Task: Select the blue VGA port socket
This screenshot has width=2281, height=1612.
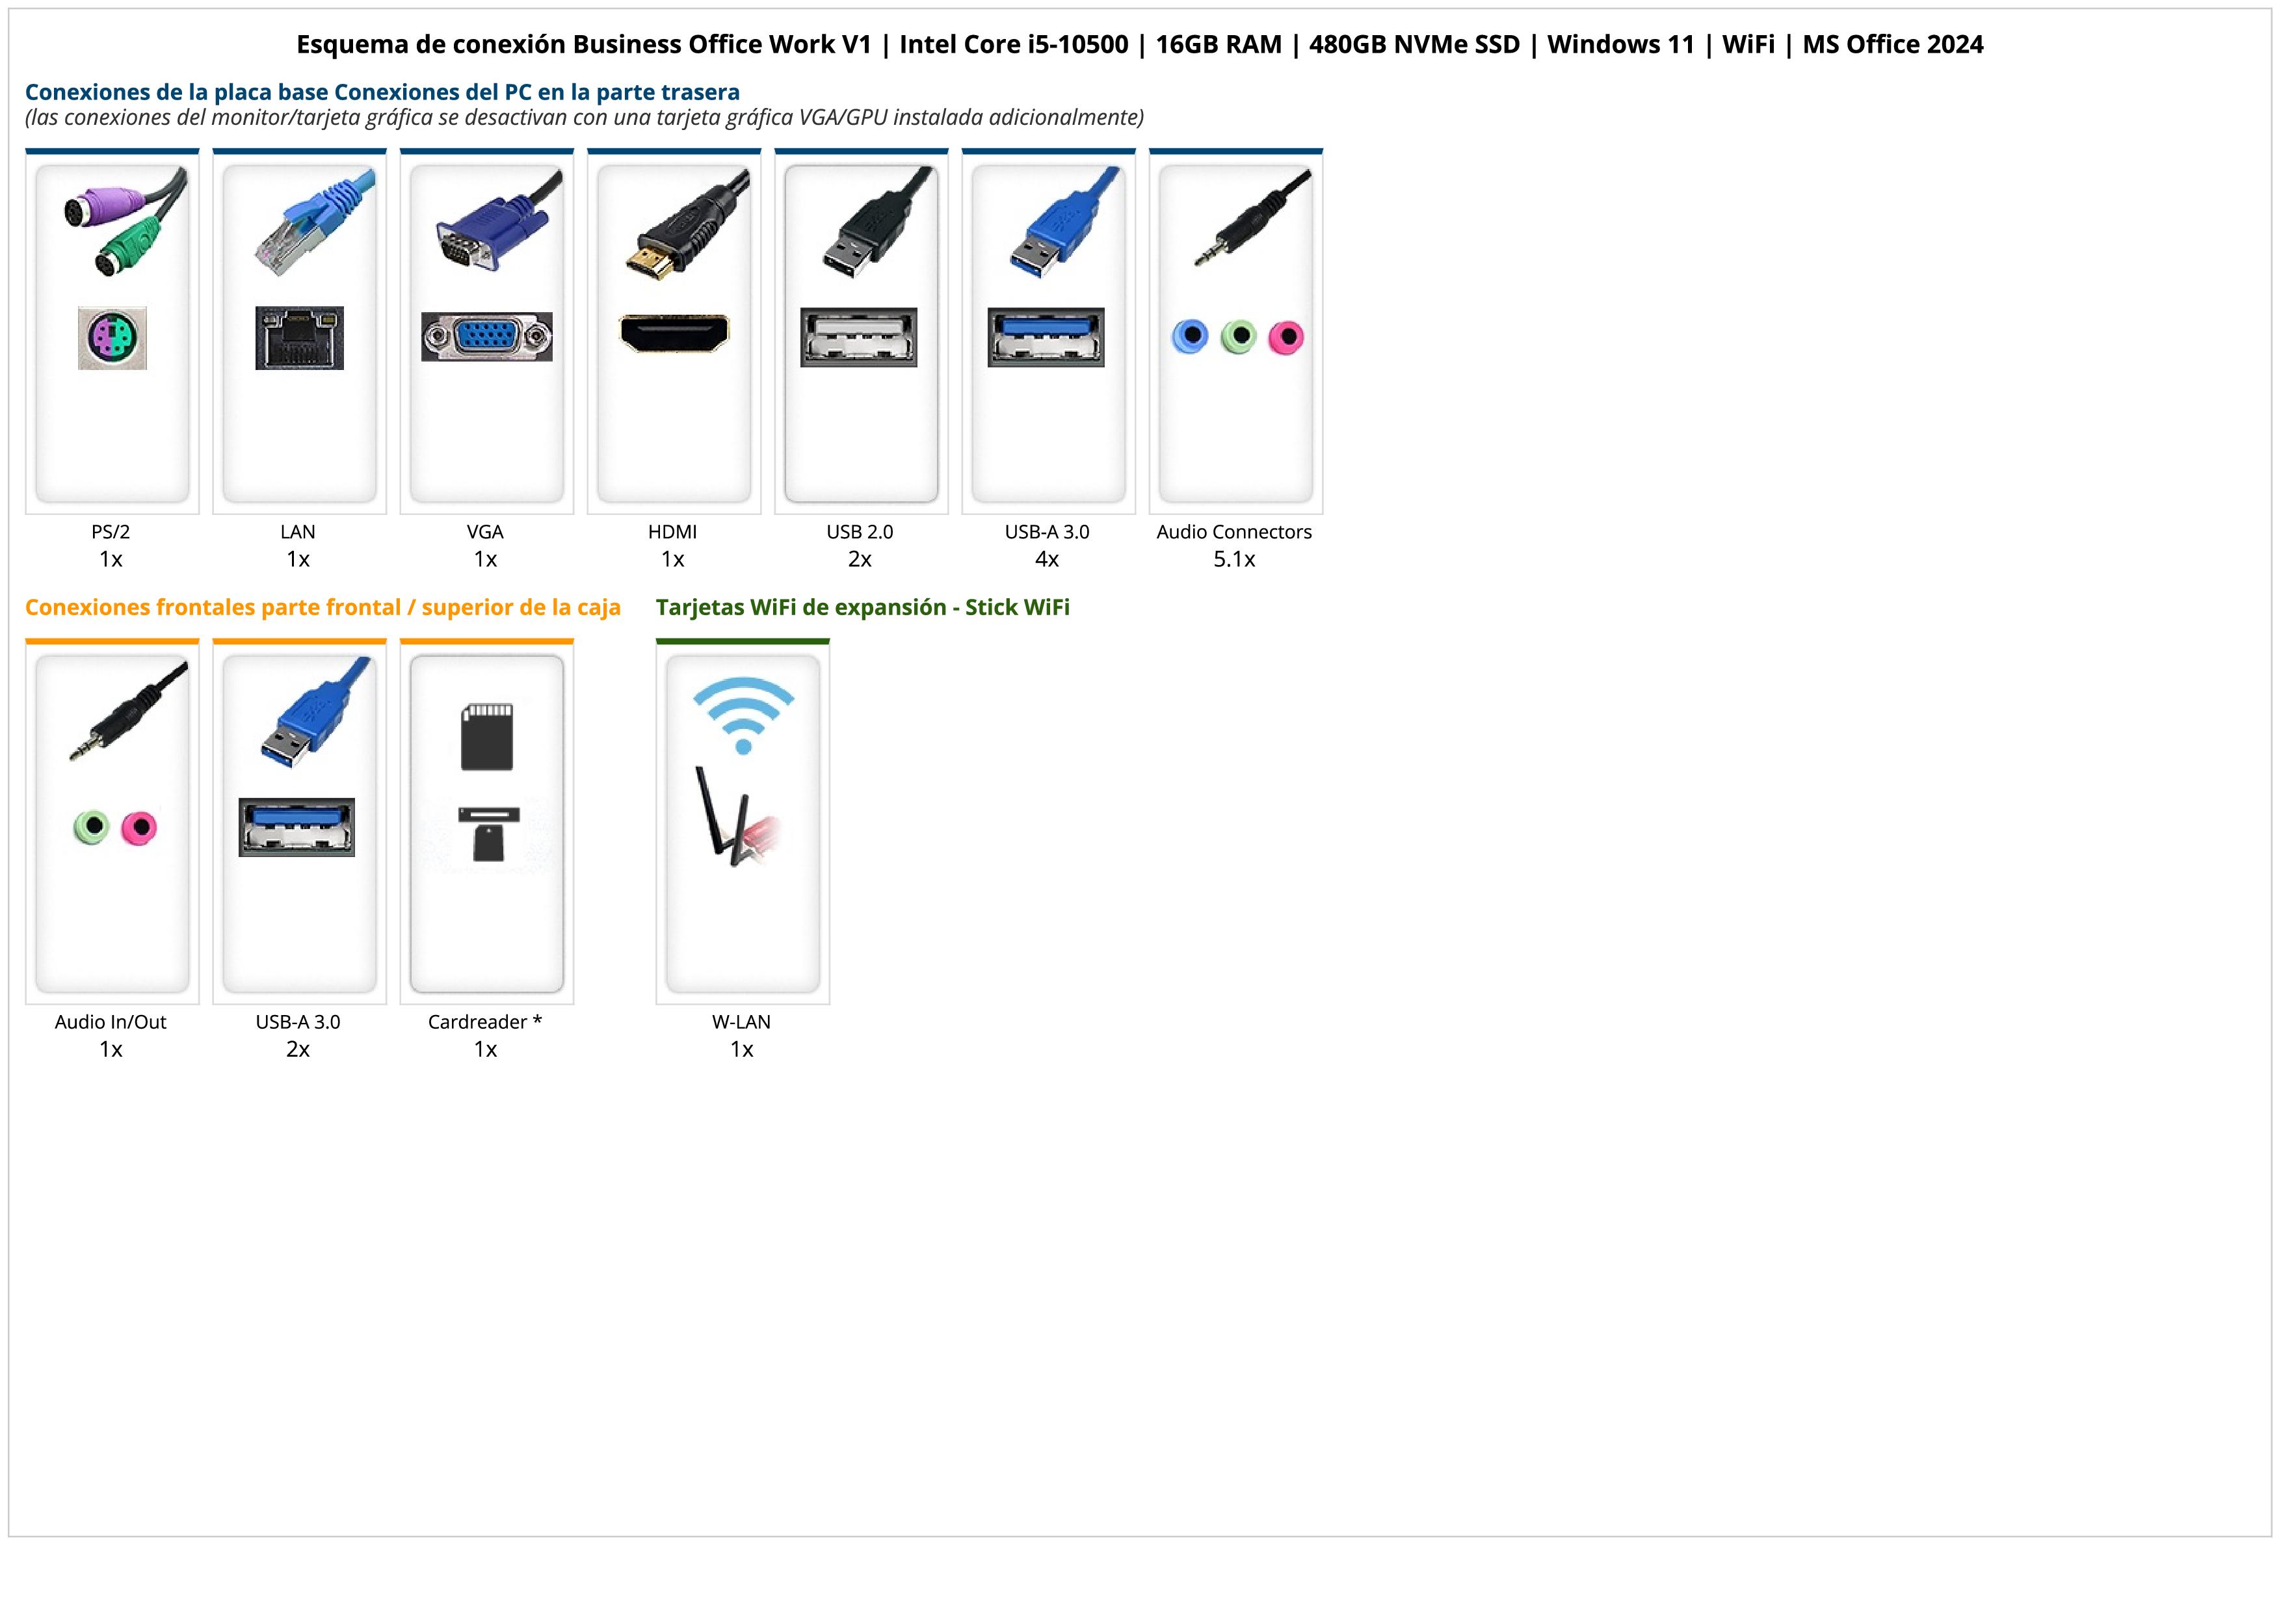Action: [487, 337]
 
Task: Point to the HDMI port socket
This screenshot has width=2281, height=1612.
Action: [674, 333]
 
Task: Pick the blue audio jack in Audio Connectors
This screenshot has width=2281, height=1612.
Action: [1190, 337]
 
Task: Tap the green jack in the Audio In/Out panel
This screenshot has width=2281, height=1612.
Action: [92, 826]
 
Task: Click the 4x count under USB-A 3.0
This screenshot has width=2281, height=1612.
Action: [1047, 559]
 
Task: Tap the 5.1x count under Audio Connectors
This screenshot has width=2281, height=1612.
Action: [1234, 559]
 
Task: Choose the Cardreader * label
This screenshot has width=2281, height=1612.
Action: [485, 1022]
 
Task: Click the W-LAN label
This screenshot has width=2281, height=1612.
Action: [741, 1022]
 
